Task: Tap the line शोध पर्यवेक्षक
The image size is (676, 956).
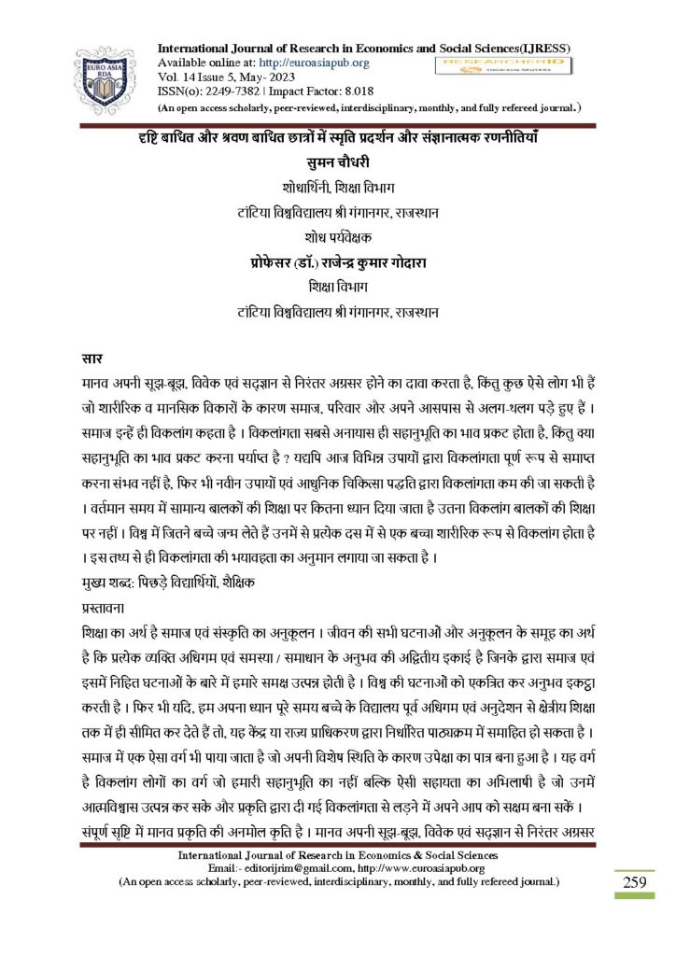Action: click(338, 237)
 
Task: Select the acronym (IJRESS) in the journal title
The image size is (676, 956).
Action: click(544, 48)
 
